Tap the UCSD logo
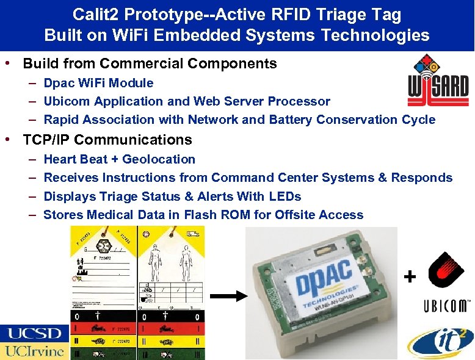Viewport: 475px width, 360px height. point(34,334)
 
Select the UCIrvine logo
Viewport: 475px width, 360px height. point(34,351)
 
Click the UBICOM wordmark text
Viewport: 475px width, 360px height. point(447,306)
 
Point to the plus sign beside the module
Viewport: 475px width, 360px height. point(410,277)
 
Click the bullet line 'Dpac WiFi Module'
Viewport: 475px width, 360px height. point(98,83)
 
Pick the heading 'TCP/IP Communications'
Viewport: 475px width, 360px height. point(107,140)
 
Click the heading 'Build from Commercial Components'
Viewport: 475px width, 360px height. point(150,63)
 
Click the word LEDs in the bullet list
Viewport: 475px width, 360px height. point(285,196)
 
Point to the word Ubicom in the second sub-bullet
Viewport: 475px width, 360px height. point(64,101)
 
